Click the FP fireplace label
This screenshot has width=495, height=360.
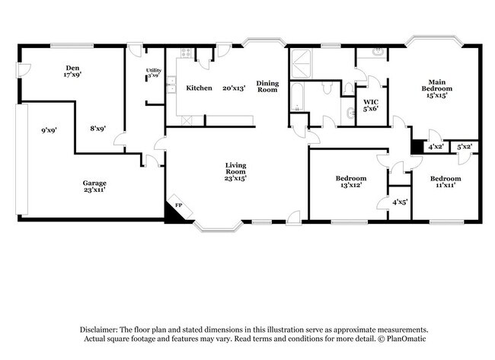click(x=179, y=205)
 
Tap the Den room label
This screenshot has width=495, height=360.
click(x=72, y=68)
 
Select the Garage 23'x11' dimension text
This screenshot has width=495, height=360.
click(x=94, y=190)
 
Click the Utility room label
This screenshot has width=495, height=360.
click(x=154, y=70)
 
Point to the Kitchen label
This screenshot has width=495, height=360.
click(x=199, y=88)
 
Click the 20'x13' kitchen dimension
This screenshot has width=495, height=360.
click(x=234, y=88)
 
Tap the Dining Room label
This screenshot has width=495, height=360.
click(x=267, y=87)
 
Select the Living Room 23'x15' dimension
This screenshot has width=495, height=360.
click(x=235, y=178)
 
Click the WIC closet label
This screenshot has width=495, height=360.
click(x=371, y=102)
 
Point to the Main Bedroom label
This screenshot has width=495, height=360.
click(x=437, y=85)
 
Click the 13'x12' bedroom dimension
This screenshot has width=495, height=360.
click(x=351, y=185)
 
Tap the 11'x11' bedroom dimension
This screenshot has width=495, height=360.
click(x=445, y=186)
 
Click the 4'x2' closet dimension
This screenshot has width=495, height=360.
click(x=436, y=147)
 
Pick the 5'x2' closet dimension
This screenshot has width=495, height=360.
click(x=465, y=147)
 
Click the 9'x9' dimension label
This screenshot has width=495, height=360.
click(x=49, y=130)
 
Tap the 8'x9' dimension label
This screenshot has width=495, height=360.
click(x=98, y=129)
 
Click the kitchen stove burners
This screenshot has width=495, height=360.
click(x=186, y=53)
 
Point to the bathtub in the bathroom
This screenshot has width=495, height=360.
click(x=297, y=97)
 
